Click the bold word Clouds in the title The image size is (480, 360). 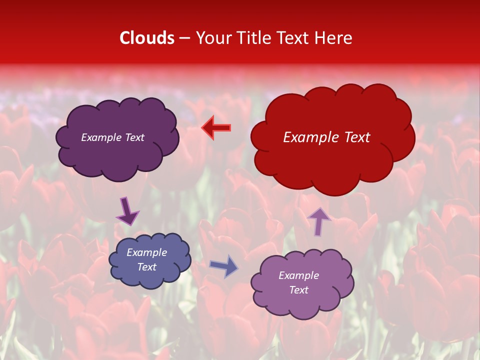pos(147,38)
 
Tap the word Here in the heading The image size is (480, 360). pos(334,38)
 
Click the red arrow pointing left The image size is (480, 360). pos(216,127)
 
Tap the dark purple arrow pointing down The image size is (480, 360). pos(128,211)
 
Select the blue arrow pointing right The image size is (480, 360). pos(223,266)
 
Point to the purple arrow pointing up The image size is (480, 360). pos(319,220)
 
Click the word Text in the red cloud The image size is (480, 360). pos(357,137)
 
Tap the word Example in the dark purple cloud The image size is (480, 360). pos(101,137)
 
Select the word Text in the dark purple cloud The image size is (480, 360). pos(134,137)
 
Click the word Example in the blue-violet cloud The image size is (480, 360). pos(146,252)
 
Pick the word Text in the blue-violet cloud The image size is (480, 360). pos(146,267)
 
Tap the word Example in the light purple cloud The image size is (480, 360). pos(298,275)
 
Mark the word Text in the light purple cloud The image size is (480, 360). pos(298,290)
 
